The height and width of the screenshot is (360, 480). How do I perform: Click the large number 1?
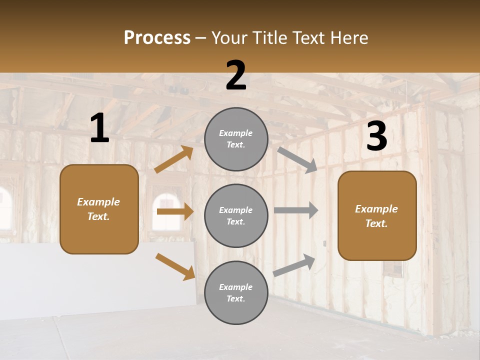(x=99, y=128)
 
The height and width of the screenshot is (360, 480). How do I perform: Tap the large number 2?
(x=236, y=76)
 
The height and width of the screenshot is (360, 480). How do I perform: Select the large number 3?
(x=376, y=136)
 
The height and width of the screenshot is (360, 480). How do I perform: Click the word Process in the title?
(x=157, y=37)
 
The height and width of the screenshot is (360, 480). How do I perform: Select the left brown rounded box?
(x=99, y=209)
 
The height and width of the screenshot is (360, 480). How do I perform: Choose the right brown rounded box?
(x=377, y=215)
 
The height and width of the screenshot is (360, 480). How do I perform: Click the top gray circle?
(x=236, y=139)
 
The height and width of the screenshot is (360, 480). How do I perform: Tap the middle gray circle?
(x=236, y=215)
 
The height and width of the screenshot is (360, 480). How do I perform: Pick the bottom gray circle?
(x=236, y=292)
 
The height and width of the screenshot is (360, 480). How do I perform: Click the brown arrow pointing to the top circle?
(x=174, y=160)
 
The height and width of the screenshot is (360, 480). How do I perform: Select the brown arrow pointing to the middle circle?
(x=175, y=211)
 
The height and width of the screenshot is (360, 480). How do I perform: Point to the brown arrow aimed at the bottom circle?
(x=175, y=266)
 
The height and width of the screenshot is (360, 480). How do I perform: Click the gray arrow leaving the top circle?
(x=297, y=159)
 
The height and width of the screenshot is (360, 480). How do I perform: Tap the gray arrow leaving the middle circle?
(x=296, y=210)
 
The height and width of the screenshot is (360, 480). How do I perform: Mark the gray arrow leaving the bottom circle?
(x=294, y=265)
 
